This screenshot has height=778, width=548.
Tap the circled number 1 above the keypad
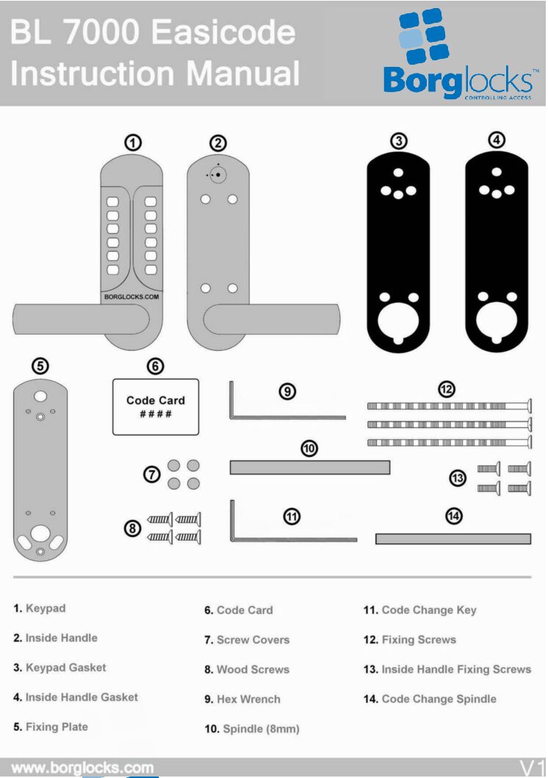click(133, 143)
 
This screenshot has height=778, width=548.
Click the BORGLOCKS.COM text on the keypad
click(132, 297)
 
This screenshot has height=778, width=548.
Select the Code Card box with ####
click(155, 407)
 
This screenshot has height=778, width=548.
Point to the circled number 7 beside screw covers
click(152, 475)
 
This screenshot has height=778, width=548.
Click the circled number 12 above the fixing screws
click(447, 389)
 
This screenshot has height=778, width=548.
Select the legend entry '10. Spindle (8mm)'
click(252, 729)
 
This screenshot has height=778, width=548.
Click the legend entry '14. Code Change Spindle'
click(430, 699)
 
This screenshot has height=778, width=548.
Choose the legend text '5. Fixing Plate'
click(51, 727)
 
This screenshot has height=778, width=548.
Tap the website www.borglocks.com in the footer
click(82, 768)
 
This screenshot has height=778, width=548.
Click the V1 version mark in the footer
click(533, 767)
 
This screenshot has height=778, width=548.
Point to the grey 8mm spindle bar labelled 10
click(309, 468)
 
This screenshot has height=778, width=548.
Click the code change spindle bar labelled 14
click(453, 539)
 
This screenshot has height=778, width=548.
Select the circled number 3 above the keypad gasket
click(399, 142)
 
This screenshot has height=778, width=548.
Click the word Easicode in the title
click(223, 33)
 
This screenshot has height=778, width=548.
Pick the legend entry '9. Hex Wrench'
click(242, 699)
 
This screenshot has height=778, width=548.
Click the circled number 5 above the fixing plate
click(41, 365)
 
